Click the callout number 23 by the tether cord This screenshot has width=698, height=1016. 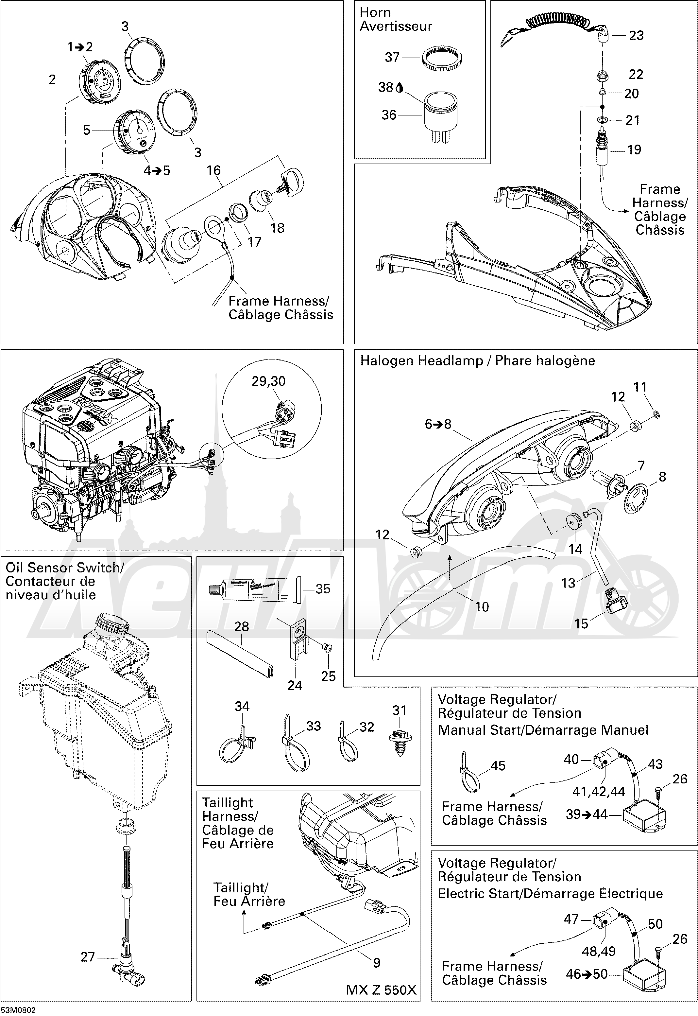pyautogui.click(x=636, y=35)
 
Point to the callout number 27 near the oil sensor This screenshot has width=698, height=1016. pyautogui.click(x=88, y=957)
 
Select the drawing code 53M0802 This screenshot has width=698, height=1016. pyautogui.click(x=18, y=1010)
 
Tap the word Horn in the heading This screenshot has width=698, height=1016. pyautogui.click(x=375, y=13)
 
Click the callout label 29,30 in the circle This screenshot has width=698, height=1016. pyautogui.click(x=268, y=381)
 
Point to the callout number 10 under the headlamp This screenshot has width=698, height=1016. pyautogui.click(x=482, y=606)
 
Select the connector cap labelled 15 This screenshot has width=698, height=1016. pyautogui.click(x=615, y=601)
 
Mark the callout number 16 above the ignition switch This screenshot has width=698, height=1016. pyautogui.click(x=213, y=171)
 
